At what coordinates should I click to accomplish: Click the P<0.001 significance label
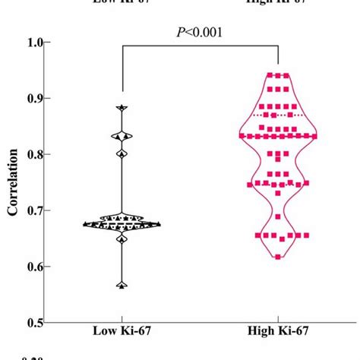pyautogui.click(x=200, y=33)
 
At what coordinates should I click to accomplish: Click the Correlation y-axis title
pyautogui.click(x=13, y=182)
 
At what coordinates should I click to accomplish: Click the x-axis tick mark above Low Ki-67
pyautogui.click(x=122, y=325)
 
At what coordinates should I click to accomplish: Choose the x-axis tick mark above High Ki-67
pyautogui.click(x=278, y=325)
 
